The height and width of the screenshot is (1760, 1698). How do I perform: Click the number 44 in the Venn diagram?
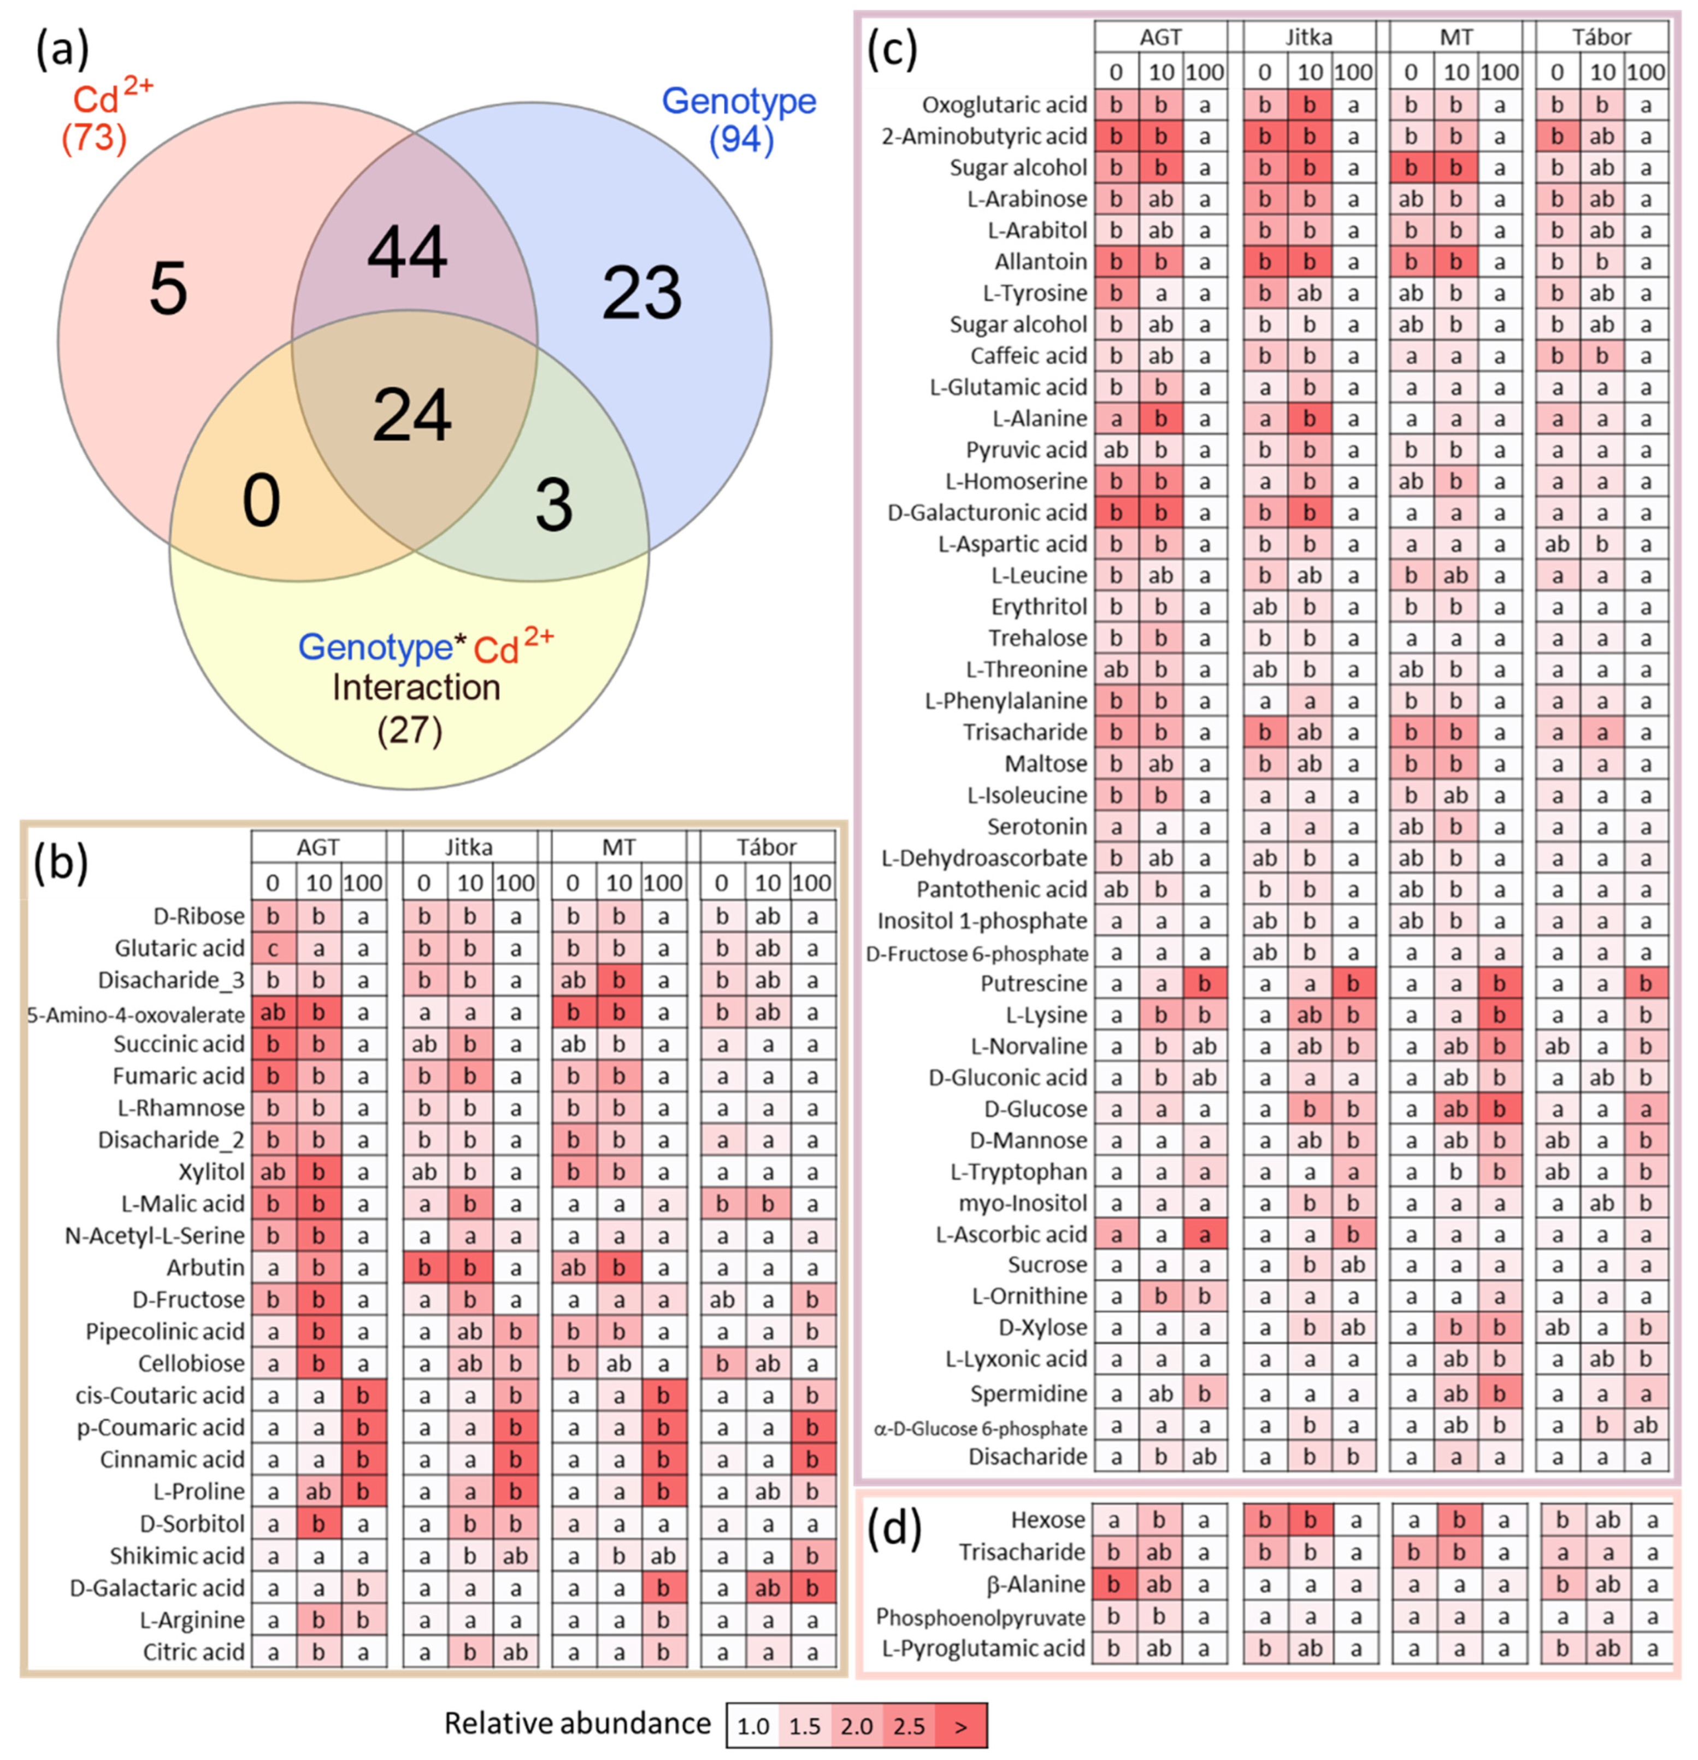[x=407, y=253]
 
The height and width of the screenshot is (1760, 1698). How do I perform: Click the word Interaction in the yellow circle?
[x=416, y=688]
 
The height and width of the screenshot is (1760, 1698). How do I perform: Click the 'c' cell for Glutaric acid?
[x=273, y=948]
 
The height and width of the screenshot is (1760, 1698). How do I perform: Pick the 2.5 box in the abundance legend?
[x=909, y=1726]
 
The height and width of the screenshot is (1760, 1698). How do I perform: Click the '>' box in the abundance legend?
[x=961, y=1726]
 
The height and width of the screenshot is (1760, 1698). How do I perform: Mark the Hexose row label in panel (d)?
[x=1047, y=1520]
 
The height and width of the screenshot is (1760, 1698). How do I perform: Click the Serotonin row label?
[x=1036, y=826]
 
